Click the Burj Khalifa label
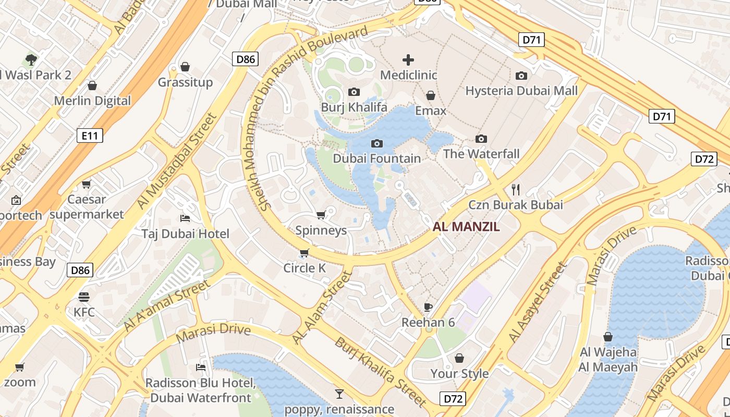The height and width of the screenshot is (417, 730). pos(354,107)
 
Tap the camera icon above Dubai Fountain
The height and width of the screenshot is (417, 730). pos(376,143)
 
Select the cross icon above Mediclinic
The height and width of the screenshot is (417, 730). pos(408,60)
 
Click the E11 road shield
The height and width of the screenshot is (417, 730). pos(90,136)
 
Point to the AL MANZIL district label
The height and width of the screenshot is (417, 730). pos(466,227)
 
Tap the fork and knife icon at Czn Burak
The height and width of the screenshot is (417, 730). pos(516,189)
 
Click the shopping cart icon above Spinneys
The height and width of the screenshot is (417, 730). pos(321,215)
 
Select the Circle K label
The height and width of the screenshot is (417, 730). pos(304,268)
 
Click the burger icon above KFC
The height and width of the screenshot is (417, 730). pos(84,297)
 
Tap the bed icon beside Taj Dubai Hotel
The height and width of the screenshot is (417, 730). pos(185,218)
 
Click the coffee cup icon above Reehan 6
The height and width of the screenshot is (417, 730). pos(428,307)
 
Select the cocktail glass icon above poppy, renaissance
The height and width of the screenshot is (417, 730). pos(339,394)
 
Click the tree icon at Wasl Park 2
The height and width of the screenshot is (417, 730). pos(31,59)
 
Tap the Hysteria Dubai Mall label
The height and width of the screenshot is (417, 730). pos(521,91)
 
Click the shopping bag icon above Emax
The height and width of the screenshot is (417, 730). pos(431,95)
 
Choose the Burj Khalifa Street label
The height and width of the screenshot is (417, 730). pos(380,372)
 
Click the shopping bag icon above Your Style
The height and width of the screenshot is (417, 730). pos(459,358)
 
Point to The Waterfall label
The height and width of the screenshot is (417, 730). pos(481,154)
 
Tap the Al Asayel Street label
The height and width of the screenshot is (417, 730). pos(538,303)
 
